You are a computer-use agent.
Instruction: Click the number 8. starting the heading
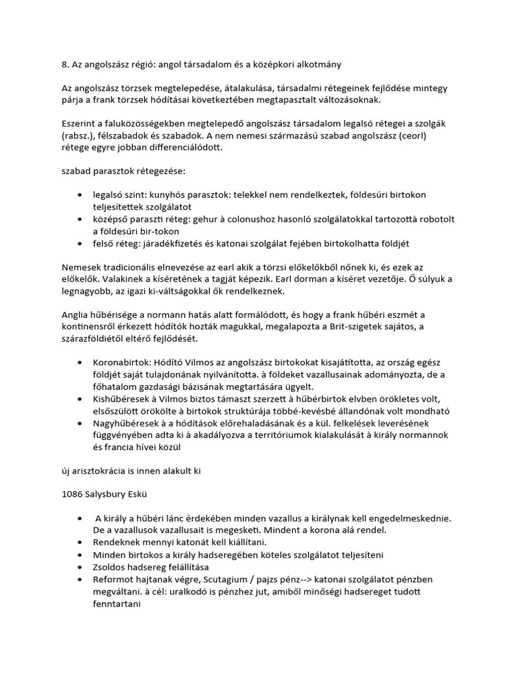click(x=65, y=65)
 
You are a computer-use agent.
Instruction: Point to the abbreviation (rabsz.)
click(x=80, y=136)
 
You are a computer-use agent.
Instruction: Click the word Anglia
click(x=76, y=315)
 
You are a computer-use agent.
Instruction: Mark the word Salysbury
click(x=110, y=494)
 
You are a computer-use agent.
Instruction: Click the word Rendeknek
click(x=118, y=542)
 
